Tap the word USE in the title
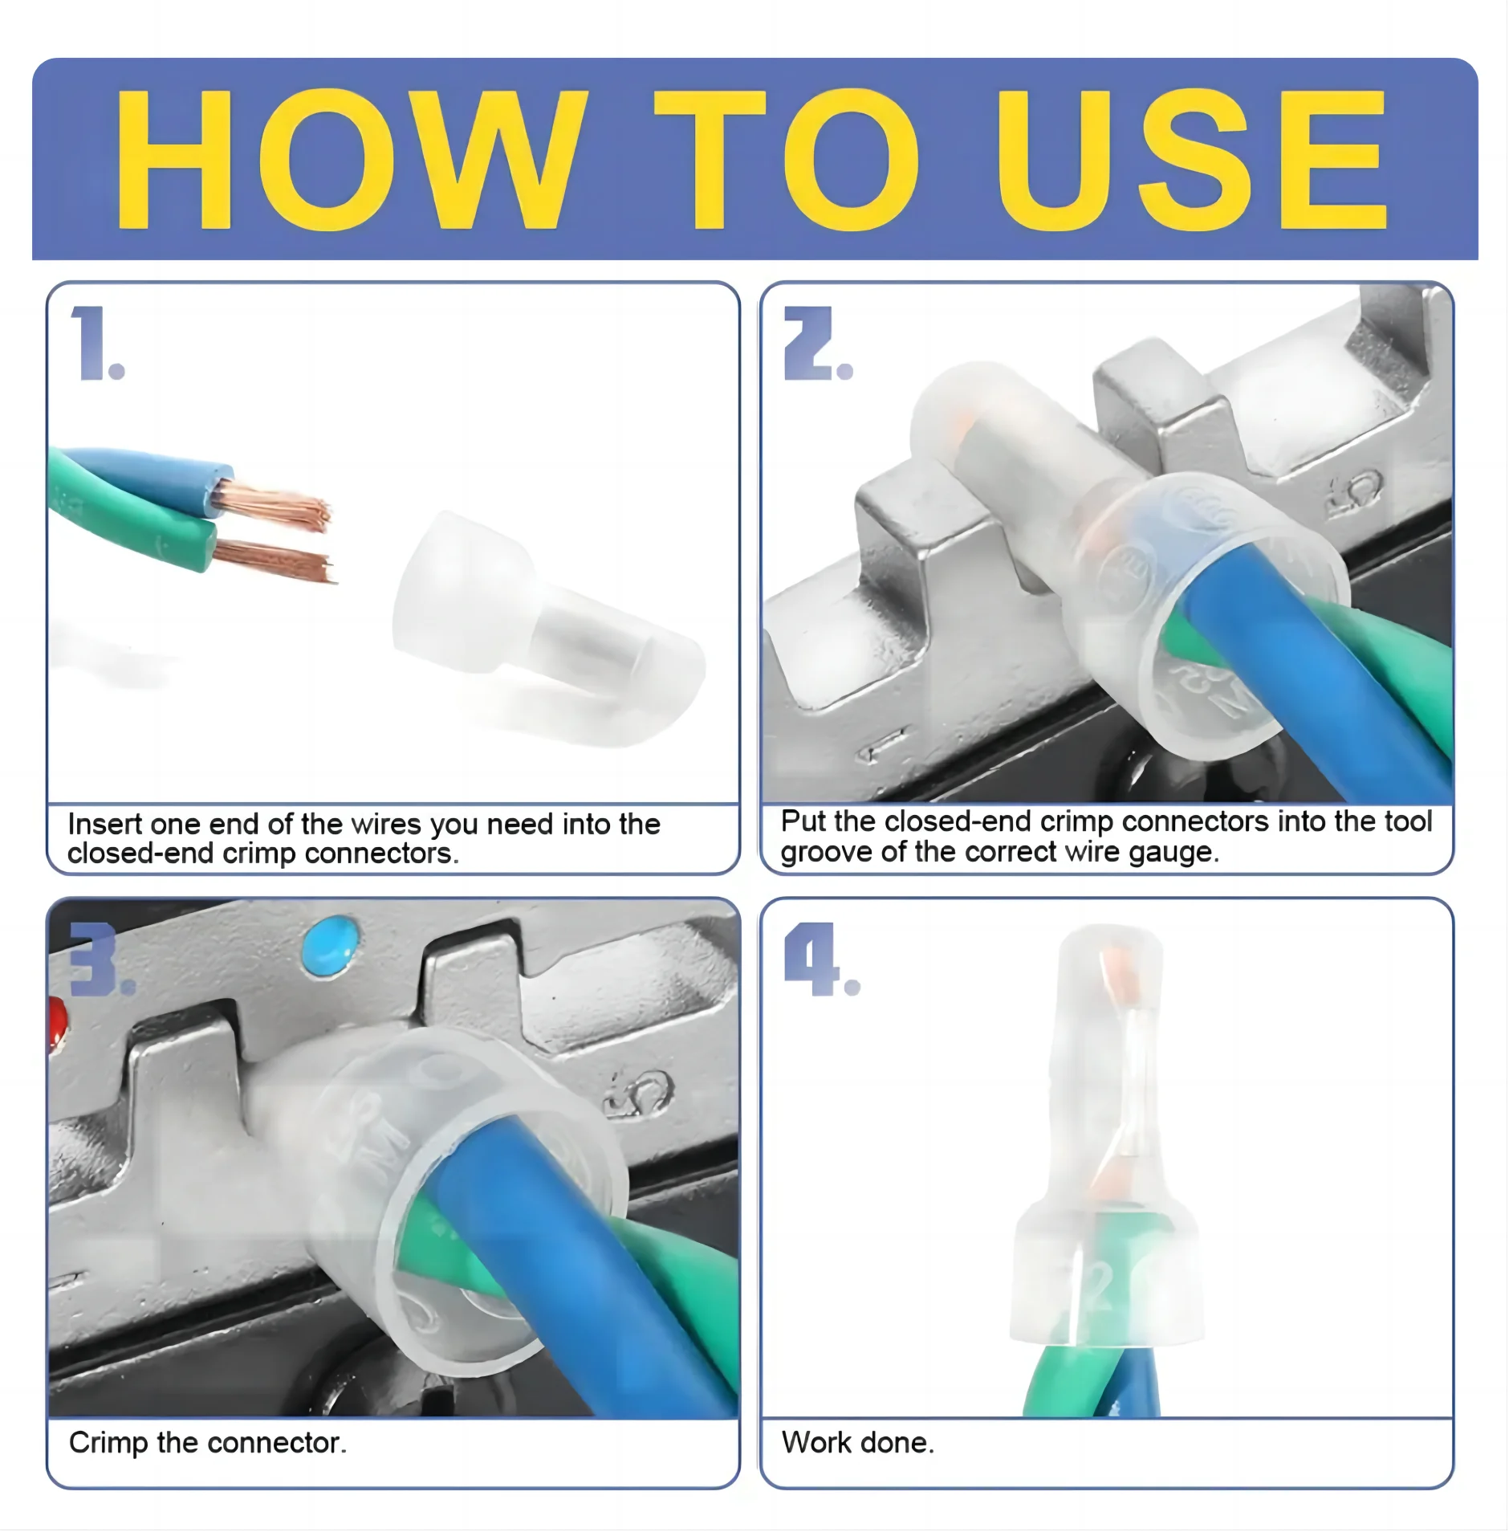pos(1191,159)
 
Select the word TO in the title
pos(787,159)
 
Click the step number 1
pos(97,343)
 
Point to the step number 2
pos(817,343)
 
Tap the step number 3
pos(100,959)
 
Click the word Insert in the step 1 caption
pos(105,824)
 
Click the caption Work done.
pos(858,1443)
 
